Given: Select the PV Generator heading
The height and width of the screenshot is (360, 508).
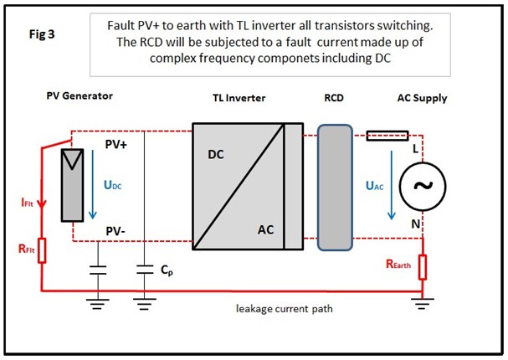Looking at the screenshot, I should (x=80, y=96).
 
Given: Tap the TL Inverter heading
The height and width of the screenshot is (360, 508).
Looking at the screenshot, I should (x=239, y=98).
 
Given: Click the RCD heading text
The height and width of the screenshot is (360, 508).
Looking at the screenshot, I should (x=334, y=98).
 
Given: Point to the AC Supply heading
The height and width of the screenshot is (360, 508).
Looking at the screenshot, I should (x=422, y=98).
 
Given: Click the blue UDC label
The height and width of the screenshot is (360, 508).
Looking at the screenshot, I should (x=113, y=186).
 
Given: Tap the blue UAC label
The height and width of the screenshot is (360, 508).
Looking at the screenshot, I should (x=376, y=186).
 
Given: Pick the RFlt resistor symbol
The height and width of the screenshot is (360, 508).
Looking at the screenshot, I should (x=43, y=250).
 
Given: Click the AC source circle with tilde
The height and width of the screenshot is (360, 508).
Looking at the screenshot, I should (x=422, y=186).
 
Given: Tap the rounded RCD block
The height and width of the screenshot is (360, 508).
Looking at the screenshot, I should (x=335, y=188).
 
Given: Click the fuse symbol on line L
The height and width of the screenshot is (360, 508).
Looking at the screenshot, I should (x=387, y=135).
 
